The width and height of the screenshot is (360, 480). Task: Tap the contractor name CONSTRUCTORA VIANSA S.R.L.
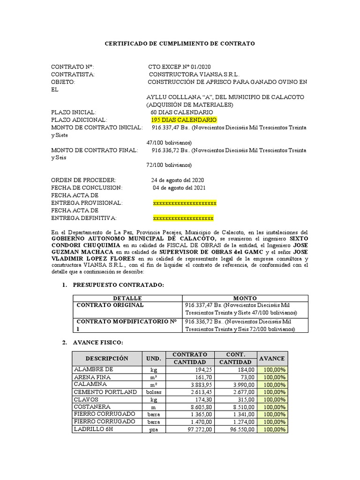194,75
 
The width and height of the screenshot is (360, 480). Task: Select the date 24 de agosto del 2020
177,180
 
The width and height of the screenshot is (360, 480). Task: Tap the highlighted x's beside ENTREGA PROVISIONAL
185,203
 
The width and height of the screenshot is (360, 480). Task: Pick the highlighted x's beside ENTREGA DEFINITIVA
183,218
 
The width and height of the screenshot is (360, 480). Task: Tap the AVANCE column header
272,358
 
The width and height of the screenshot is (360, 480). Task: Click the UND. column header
153,358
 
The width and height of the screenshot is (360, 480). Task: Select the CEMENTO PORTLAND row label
105,392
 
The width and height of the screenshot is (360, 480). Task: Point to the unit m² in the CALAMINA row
153,384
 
